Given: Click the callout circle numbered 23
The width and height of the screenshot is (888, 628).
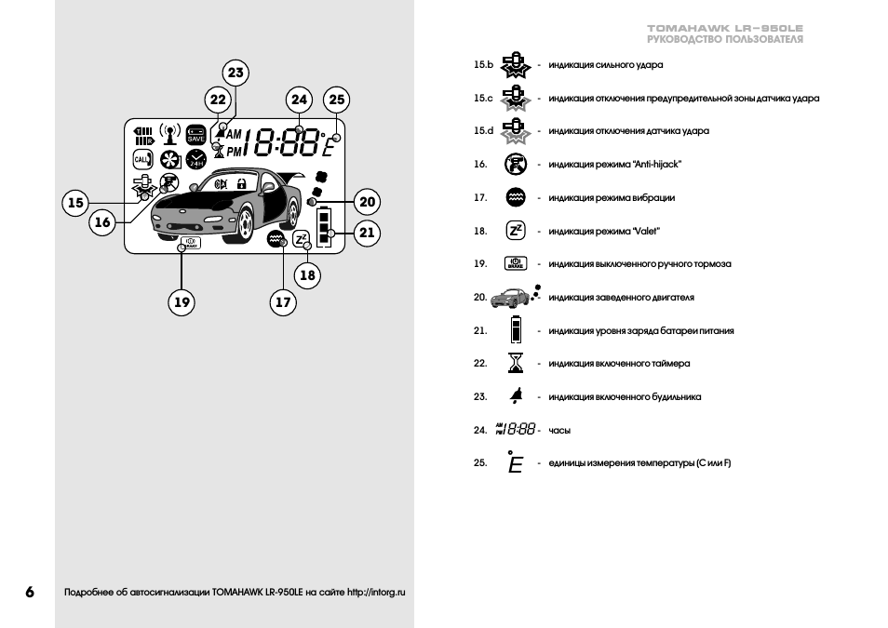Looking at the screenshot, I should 235,73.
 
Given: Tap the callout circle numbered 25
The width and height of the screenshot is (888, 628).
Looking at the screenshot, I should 336,100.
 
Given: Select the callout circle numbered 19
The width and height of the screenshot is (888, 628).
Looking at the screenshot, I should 182,301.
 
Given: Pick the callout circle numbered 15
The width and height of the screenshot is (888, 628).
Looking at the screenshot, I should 75,202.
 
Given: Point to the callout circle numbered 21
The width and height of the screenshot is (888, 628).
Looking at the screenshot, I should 367,233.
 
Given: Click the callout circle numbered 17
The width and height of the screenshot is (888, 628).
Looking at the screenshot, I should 283,301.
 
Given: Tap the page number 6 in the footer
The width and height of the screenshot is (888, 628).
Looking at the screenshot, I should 30,592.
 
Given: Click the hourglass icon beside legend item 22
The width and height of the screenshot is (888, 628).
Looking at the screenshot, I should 515,363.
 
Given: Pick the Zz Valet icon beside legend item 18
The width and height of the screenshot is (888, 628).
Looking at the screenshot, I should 515,231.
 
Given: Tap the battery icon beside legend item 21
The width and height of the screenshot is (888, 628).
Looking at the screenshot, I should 515,330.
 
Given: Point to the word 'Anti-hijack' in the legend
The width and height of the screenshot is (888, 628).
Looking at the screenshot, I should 657,165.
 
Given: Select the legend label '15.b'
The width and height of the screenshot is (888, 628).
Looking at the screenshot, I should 482,65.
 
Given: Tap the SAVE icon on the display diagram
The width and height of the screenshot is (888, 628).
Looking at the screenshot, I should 195,135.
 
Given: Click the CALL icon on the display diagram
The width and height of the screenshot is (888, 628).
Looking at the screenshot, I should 141,159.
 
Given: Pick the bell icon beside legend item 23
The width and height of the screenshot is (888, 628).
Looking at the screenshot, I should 515,396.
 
